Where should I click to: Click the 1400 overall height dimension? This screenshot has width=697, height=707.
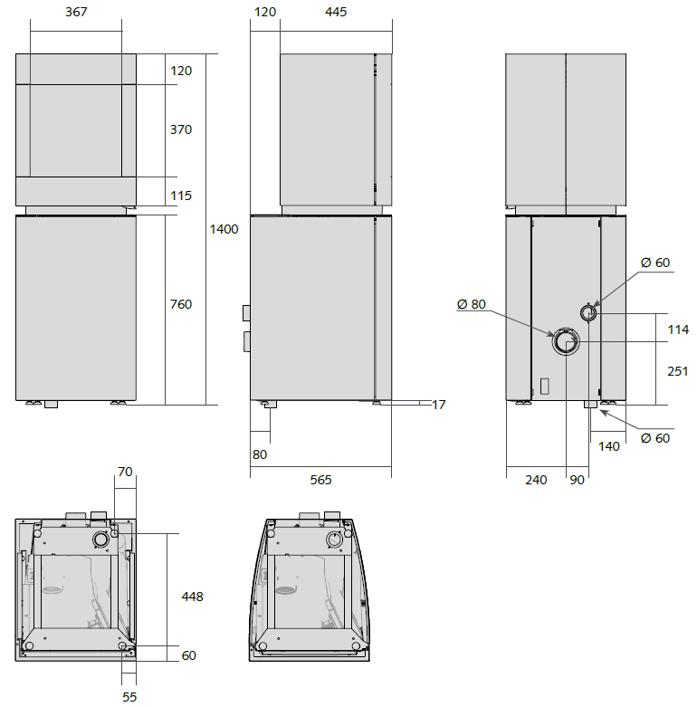coord(224,229)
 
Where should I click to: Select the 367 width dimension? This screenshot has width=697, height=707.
coord(76,12)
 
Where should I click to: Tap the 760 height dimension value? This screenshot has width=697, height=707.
coord(181,304)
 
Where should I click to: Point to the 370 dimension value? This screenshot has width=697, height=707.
coord(181,129)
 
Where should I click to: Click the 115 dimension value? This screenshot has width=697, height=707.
coord(181,196)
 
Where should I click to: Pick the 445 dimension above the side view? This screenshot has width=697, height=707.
coord(336,12)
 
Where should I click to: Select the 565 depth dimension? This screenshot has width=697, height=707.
coord(320,480)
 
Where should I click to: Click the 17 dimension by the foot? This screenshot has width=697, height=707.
coord(439,405)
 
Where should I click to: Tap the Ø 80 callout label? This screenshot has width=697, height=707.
coord(471,304)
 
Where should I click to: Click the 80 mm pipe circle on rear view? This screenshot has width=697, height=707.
coord(566,341)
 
